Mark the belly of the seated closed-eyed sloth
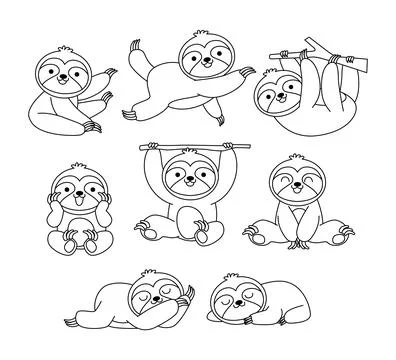(297, 220)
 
